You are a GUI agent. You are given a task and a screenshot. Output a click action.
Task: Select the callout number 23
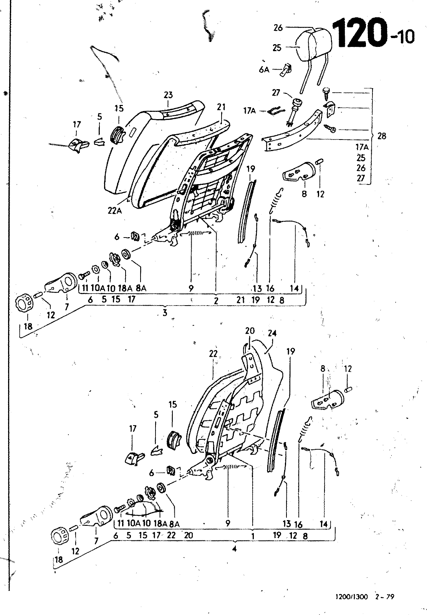click(169, 95)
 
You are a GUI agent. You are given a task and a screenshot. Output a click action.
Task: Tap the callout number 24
click(272, 333)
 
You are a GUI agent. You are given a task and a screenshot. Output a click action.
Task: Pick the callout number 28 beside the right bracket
click(381, 136)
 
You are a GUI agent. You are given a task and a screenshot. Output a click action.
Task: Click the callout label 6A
click(264, 70)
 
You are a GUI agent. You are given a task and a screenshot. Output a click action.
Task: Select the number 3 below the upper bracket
click(165, 313)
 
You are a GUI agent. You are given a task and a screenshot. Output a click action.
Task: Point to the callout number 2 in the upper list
click(216, 300)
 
